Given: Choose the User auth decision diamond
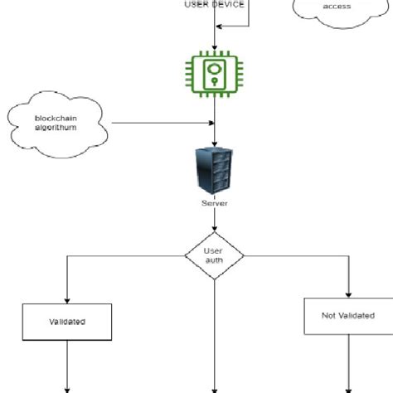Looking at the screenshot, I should tap(215, 256).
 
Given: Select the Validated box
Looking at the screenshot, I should tap(67, 320).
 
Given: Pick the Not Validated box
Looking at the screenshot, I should tap(347, 316).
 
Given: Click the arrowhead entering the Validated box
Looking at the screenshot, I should tap(67, 298).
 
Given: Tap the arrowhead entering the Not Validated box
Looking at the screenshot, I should tap(347, 294).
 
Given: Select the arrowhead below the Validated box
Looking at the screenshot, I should tap(67, 387).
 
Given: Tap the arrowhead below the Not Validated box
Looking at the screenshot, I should tap(347, 387).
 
